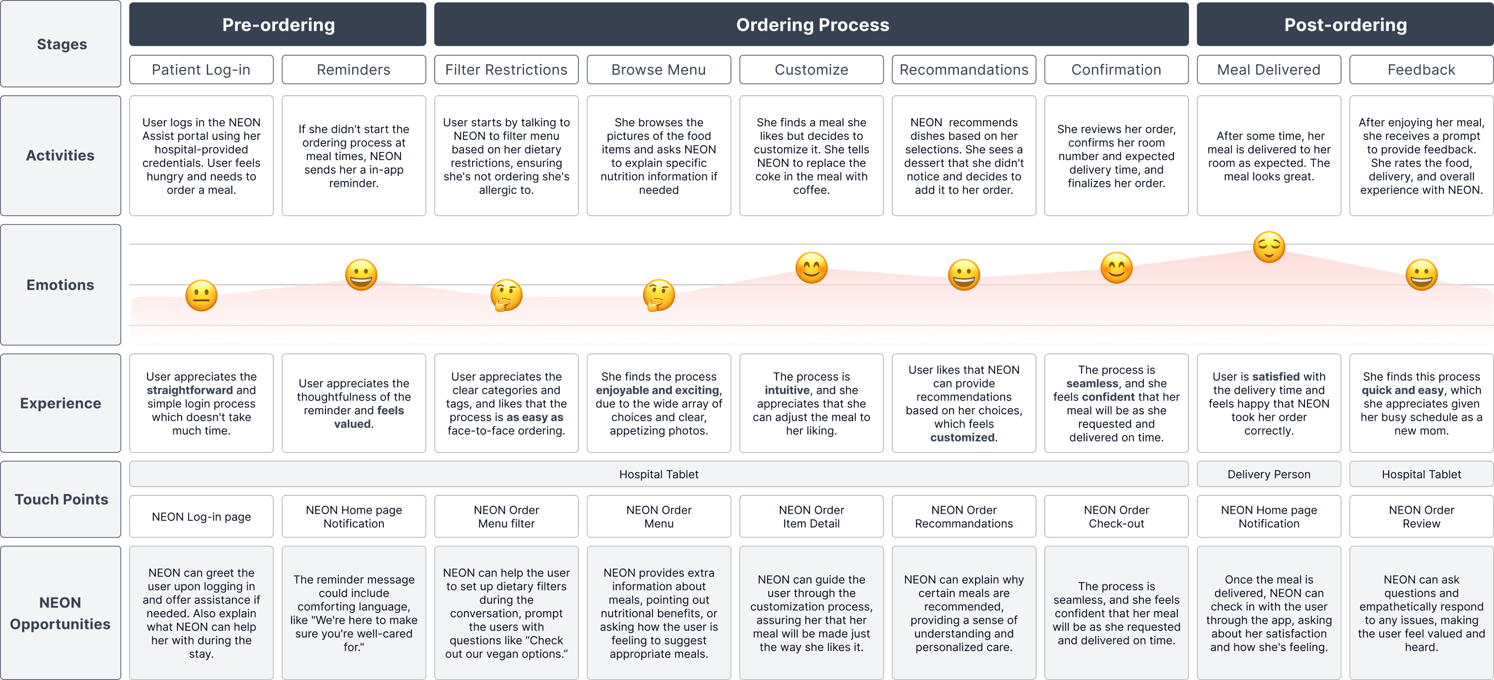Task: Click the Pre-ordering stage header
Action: point(278,25)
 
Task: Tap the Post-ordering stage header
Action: point(1345,25)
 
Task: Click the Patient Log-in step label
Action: point(201,70)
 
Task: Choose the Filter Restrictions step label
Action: point(506,70)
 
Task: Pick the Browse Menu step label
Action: point(658,70)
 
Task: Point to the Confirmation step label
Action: point(1116,70)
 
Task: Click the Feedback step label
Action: point(1421,70)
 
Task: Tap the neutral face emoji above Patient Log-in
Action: point(201,296)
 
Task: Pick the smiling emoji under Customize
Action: point(811,268)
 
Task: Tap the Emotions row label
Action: point(60,285)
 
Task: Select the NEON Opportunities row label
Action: point(60,613)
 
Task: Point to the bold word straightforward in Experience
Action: point(190,390)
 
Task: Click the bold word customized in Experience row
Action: point(962,437)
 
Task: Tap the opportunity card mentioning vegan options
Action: point(506,613)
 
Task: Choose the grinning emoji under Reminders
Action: point(361,275)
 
